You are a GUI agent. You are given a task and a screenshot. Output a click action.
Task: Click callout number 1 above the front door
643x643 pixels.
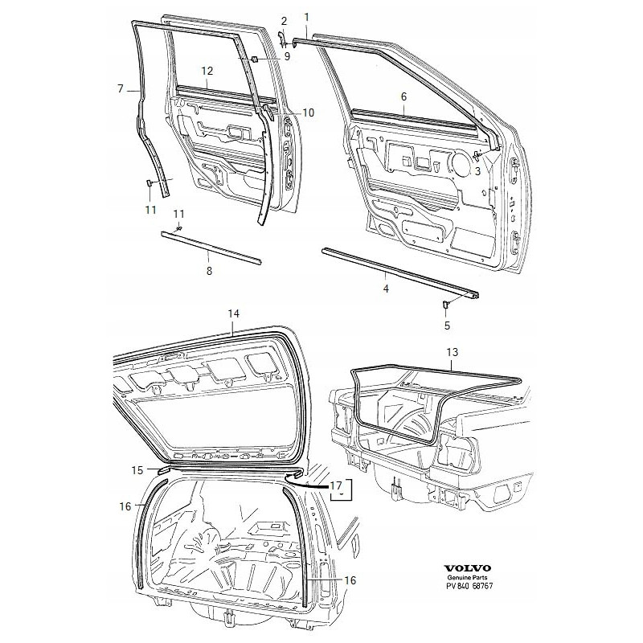click(x=306, y=17)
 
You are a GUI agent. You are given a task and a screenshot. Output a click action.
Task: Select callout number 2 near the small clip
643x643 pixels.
click(x=284, y=20)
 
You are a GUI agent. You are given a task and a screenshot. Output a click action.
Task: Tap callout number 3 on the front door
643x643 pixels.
click(x=477, y=170)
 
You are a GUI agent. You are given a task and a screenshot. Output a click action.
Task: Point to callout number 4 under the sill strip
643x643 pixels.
click(x=385, y=288)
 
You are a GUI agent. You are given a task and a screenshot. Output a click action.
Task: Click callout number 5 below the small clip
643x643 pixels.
click(x=447, y=326)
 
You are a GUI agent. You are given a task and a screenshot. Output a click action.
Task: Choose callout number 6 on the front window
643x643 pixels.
click(x=404, y=96)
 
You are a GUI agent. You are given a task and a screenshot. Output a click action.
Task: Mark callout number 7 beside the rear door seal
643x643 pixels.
click(x=120, y=89)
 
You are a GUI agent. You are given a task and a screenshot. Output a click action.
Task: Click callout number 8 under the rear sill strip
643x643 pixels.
click(x=209, y=272)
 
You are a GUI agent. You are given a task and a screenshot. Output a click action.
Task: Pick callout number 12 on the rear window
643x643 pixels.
click(x=207, y=71)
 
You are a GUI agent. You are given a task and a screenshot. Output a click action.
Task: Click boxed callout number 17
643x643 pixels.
click(x=336, y=485)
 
